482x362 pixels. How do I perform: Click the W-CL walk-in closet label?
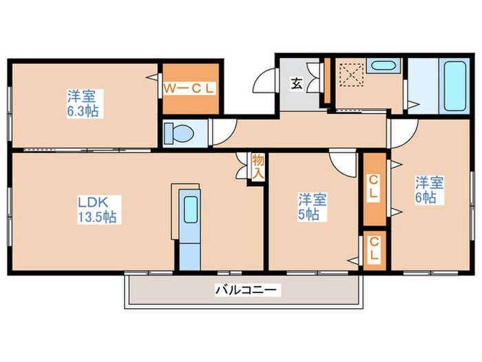190,88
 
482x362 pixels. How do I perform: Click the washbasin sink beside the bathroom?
379,68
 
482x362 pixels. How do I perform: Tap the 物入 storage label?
257,167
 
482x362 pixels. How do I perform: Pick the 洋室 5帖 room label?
312,207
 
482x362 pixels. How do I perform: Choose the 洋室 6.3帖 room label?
81,102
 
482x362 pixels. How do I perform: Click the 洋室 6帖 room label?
428,190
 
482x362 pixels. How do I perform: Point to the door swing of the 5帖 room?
339,162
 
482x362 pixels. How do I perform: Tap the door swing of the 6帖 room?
406,130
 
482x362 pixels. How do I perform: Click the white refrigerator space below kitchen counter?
189,254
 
